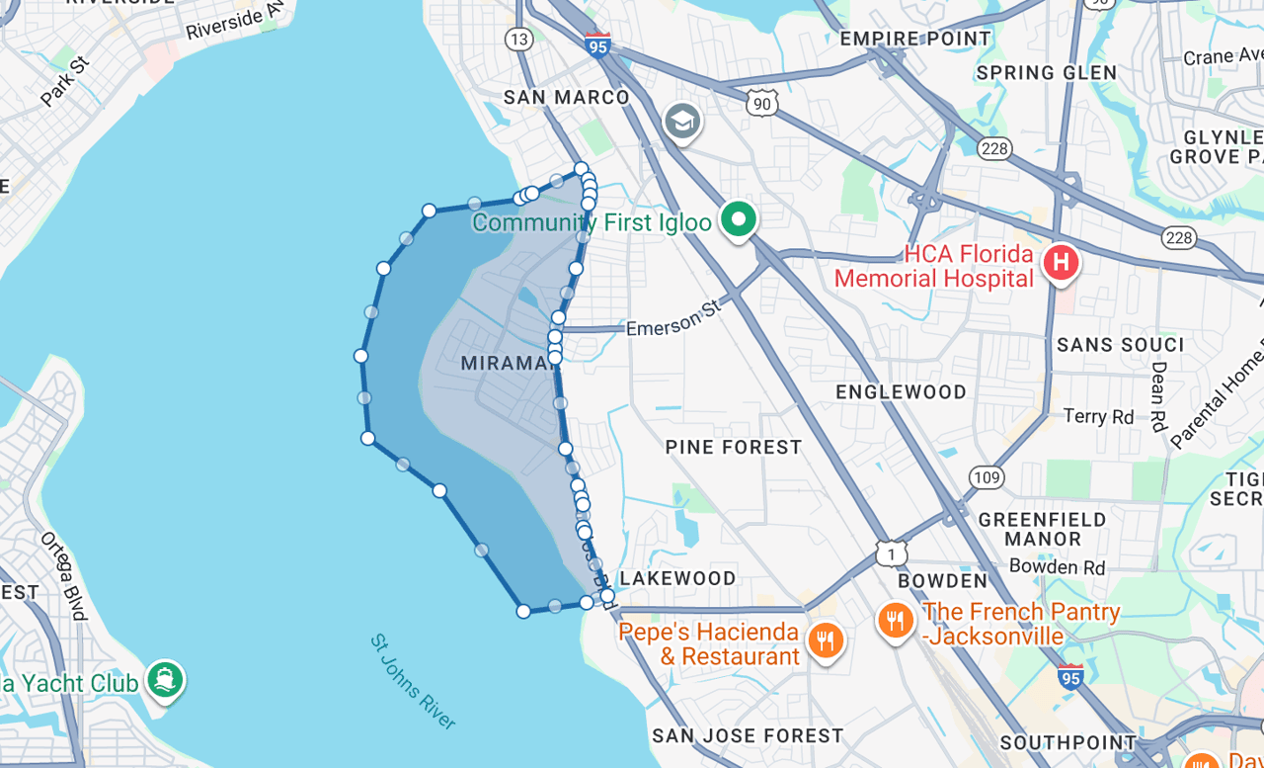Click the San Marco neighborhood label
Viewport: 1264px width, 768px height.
(566, 97)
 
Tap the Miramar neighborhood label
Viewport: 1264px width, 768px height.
(505, 364)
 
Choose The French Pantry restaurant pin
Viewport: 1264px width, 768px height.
(895, 620)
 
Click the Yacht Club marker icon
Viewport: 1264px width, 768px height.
(165, 679)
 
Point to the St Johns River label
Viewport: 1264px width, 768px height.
(413, 682)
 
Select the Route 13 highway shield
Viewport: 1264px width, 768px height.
(518, 39)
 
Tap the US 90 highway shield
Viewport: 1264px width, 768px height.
(761, 103)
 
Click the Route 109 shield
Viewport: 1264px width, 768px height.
(987, 477)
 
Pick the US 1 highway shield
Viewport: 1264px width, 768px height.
(892, 553)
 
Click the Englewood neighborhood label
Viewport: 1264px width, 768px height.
(901, 392)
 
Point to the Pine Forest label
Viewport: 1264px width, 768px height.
(734, 448)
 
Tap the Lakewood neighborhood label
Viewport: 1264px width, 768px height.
(677, 578)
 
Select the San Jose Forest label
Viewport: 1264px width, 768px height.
(748, 735)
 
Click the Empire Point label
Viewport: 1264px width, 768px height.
(914, 39)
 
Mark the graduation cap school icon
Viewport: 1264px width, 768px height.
(682, 123)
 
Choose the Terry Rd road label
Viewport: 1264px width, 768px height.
(1098, 416)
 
